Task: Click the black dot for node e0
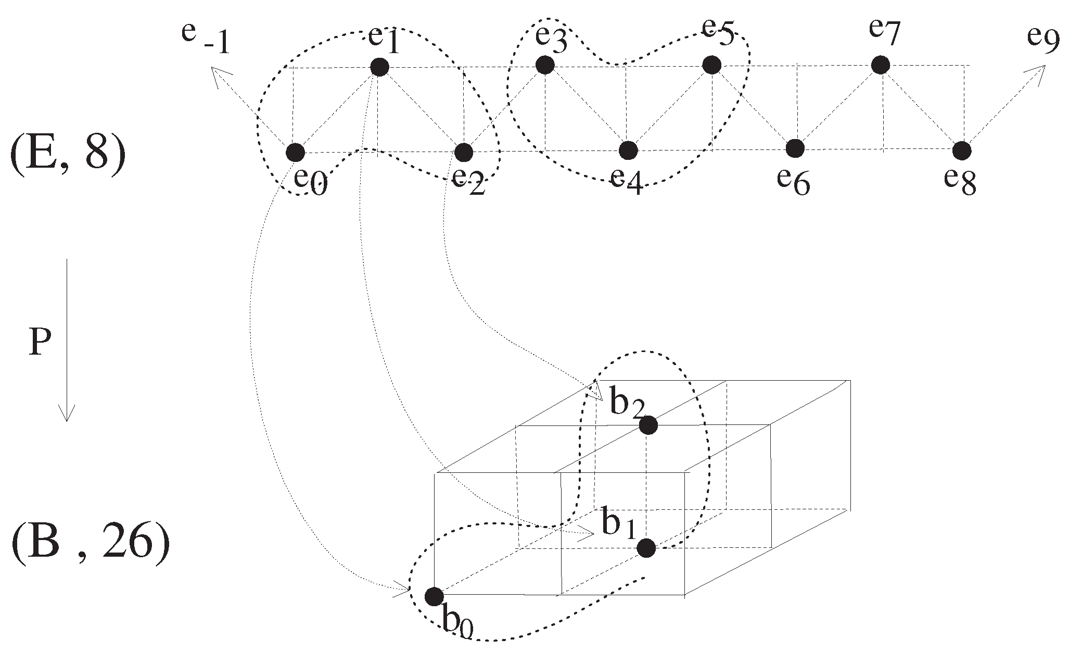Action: pos(296,153)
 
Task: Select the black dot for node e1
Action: pos(379,67)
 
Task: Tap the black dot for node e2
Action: pos(463,153)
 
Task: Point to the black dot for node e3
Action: pos(544,65)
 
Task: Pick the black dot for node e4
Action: pos(628,151)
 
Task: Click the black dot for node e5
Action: pos(711,65)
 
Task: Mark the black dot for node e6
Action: pos(795,148)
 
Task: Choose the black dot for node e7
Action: pos(880,65)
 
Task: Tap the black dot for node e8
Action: pos(962,150)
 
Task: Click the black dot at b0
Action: pos(434,596)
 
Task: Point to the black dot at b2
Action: pos(648,425)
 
